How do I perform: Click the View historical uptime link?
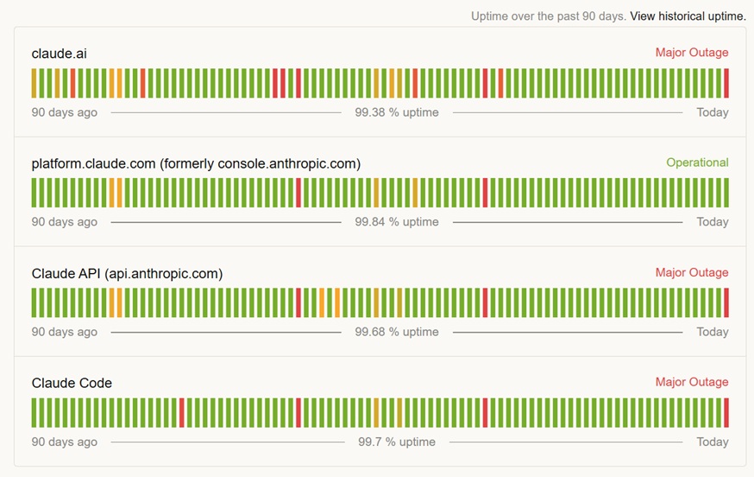pyautogui.click(x=688, y=16)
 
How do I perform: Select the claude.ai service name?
pyautogui.click(x=59, y=54)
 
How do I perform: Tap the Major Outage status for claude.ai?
pyautogui.click(x=691, y=53)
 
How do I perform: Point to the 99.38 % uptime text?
pyautogui.click(x=397, y=112)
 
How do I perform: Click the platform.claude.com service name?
pyautogui.click(x=196, y=163)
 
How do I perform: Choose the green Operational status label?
pyautogui.click(x=697, y=162)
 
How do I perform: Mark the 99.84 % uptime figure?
pyautogui.click(x=397, y=222)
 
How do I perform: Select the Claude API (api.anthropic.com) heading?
pyautogui.click(x=127, y=273)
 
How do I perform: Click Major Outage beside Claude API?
pyautogui.click(x=691, y=272)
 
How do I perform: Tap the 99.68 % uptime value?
pyautogui.click(x=397, y=332)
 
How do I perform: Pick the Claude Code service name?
pyautogui.click(x=72, y=383)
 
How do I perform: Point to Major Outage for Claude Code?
pyautogui.click(x=691, y=382)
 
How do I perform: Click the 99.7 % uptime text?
pyautogui.click(x=397, y=442)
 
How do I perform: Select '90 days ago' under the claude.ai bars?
pyautogui.click(x=65, y=112)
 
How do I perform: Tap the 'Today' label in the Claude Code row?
pyautogui.click(x=713, y=442)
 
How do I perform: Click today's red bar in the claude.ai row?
pyautogui.click(x=726, y=83)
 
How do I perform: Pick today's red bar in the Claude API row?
pyautogui.click(x=726, y=302)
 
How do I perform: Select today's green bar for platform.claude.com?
pyautogui.click(x=726, y=193)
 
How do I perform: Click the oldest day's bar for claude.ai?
pyautogui.click(x=34, y=83)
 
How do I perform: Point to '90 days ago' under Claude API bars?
pyautogui.click(x=65, y=332)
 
